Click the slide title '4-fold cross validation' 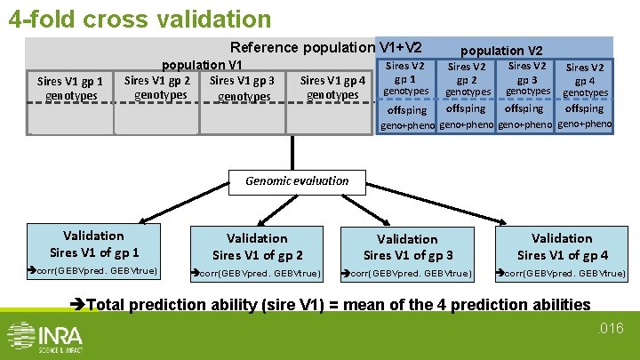(140, 18)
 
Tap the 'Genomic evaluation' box (297, 180)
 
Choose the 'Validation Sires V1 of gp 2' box (257, 246)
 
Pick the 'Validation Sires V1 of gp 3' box (406, 247)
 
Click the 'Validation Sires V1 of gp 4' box (562, 246)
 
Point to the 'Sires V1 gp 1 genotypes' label (70, 88)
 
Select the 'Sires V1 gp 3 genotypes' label (243, 88)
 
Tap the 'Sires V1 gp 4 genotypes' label (332, 88)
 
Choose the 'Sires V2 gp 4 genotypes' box (585, 80)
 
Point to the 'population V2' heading (503, 51)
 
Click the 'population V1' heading (201, 65)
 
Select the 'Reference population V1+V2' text (325, 47)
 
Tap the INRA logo (46, 336)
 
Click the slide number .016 (612, 330)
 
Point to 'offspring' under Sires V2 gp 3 (524, 109)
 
